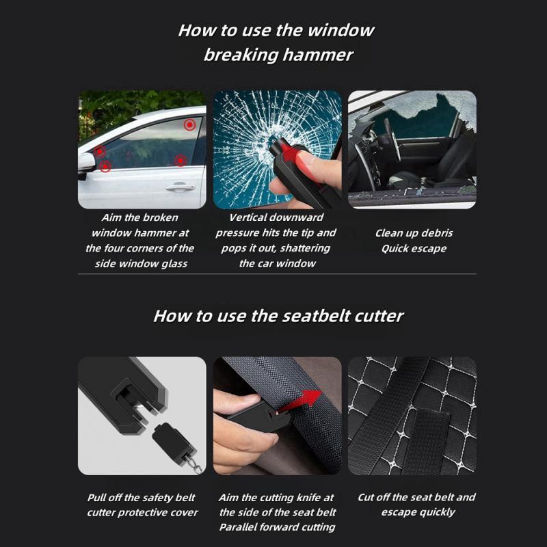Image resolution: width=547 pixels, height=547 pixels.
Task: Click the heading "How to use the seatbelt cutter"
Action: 278,315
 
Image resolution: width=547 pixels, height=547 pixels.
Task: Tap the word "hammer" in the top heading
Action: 319,55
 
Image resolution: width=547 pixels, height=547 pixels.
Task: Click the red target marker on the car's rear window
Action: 189,124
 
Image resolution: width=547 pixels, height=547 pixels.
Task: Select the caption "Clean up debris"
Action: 414,232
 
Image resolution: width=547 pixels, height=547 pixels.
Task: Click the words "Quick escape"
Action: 414,248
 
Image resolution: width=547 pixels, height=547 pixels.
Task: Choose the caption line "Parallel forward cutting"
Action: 277,526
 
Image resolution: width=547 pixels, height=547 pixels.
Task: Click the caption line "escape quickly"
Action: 418,511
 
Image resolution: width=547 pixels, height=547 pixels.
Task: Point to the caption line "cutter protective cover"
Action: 142,512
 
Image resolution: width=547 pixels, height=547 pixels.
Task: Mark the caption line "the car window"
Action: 277,263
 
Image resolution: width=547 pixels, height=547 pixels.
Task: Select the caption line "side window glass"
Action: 140,263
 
